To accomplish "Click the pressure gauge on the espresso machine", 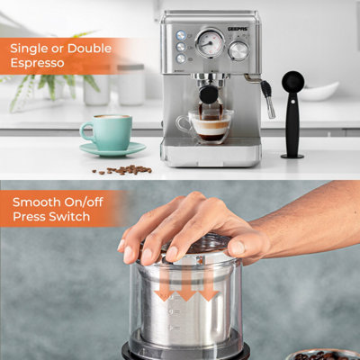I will [210, 42].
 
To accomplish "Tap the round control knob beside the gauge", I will [238, 50].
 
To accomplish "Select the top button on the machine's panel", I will [181, 35].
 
